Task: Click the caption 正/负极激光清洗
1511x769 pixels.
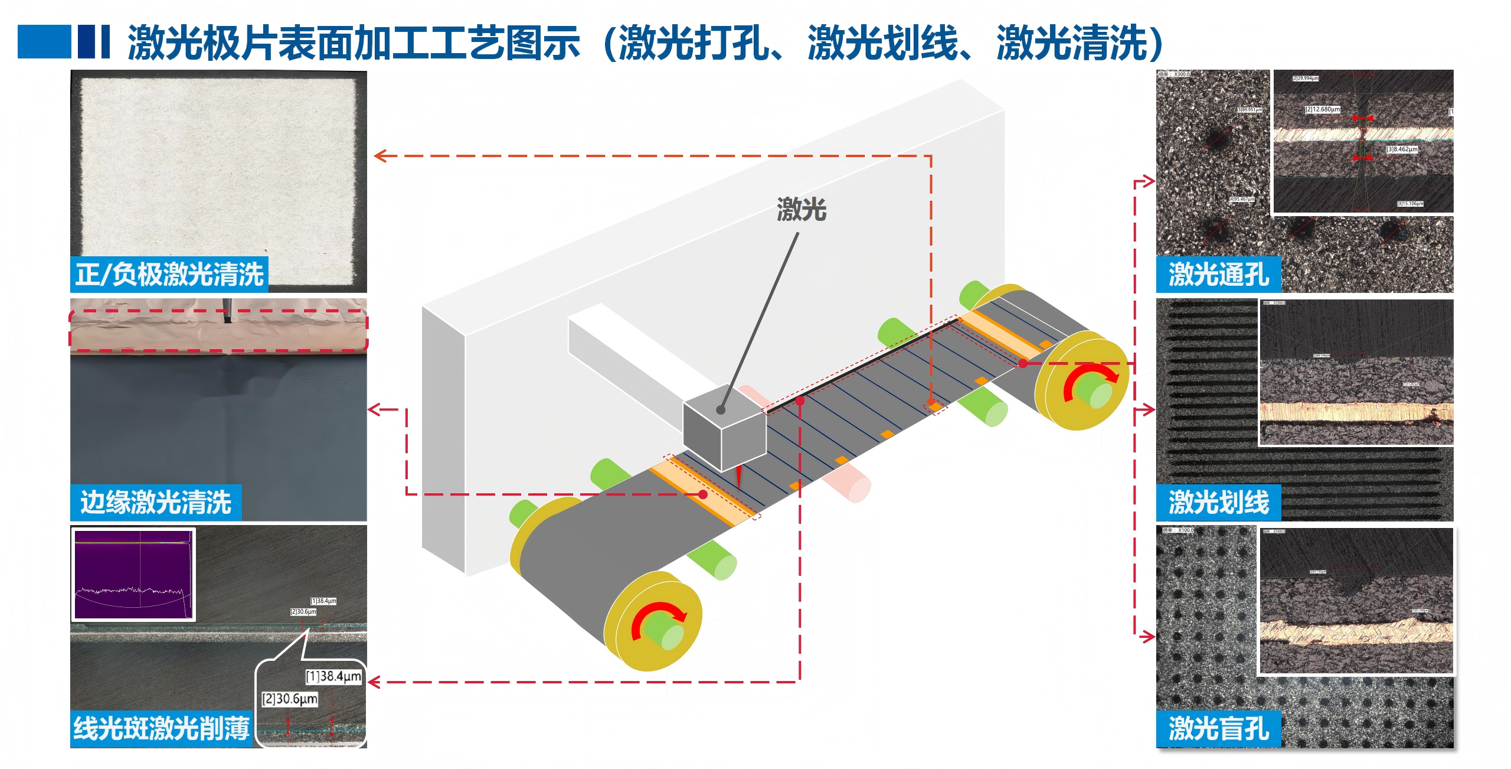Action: tap(169, 274)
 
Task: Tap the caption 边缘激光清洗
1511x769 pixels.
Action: tap(156, 502)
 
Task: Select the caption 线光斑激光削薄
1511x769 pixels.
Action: tap(161, 728)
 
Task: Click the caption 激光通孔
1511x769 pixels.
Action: tap(1218, 274)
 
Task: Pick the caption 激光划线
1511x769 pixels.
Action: tap(1218, 502)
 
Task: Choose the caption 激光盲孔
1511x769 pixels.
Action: tap(1218, 728)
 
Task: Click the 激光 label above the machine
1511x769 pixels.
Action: tap(802, 210)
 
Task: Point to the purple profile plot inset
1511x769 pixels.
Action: tap(133, 574)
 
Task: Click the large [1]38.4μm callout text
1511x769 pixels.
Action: tap(333, 676)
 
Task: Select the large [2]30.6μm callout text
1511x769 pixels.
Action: tap(290, 699)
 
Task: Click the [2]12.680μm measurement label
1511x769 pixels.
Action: tap(1323, 109)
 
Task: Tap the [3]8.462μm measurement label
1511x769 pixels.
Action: tap(1402, 149)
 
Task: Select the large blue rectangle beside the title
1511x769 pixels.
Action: tap(44, 41)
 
